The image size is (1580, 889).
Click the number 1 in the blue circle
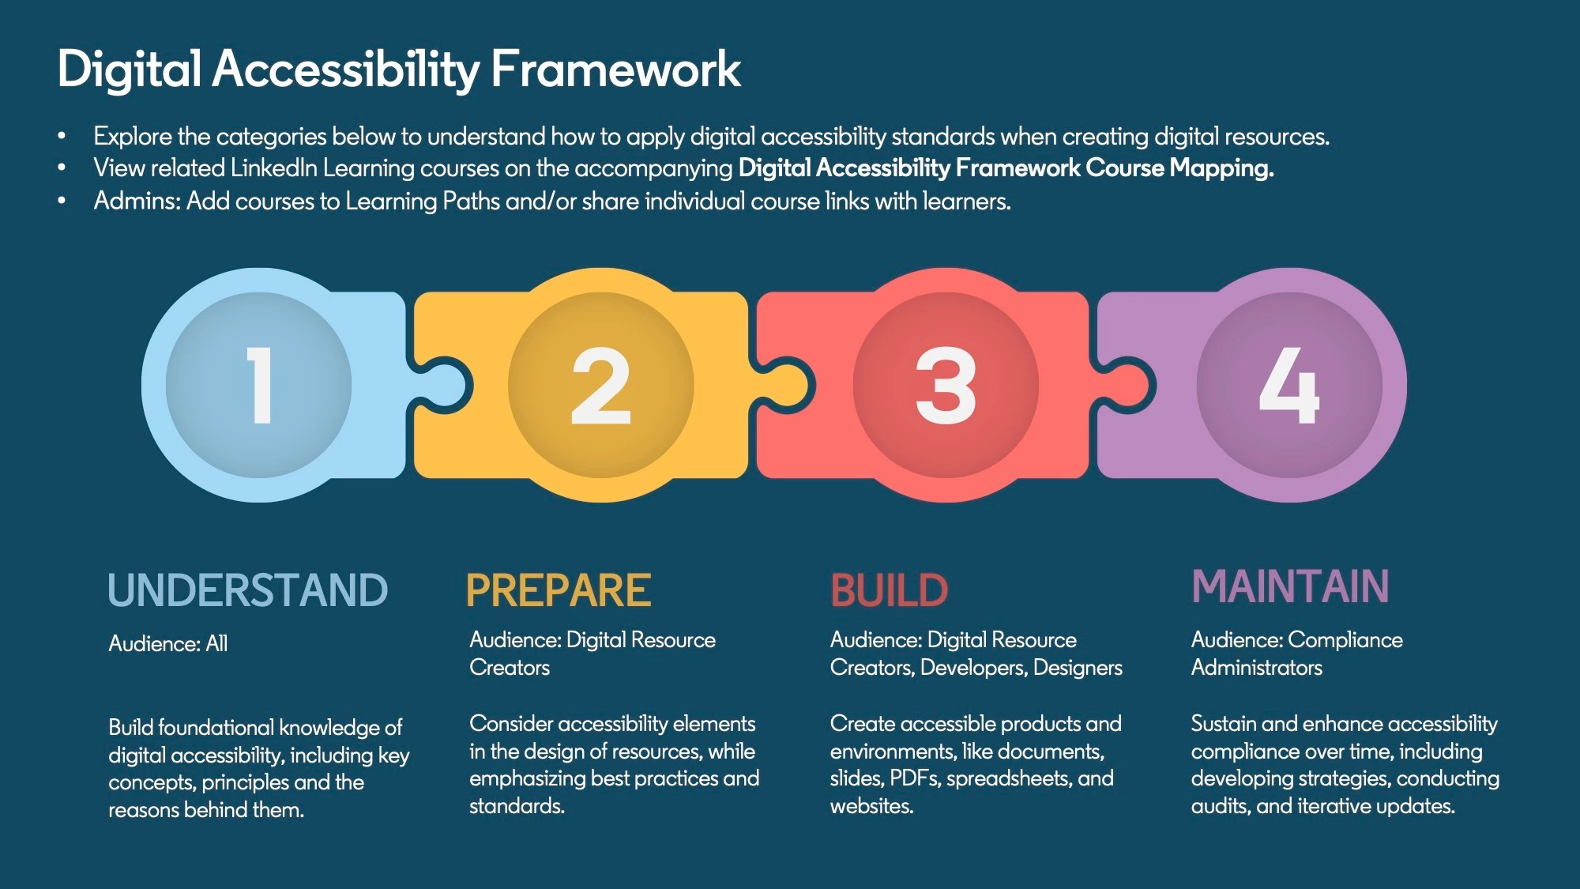pyautogui.click(x=260, y=385)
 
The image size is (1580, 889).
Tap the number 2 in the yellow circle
pyautogui.click(x=601, y=385)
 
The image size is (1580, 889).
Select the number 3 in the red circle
pyautogui.click(x=946, y=385)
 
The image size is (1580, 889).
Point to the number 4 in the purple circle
pyautogui.click(x=1289, y=385)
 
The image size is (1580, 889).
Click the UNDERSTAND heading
pyautogui.click(x=248, y=590)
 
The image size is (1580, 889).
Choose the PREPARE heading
pyautogui.click(x=559, y=590)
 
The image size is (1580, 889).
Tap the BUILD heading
pyautogui.click(x=889, y=590)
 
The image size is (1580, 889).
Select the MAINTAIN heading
pyautogui.click(x=1290, y=586)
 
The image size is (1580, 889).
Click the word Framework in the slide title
pyautogui.click(x=616, y=69)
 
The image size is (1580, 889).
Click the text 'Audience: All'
pyautogui.click(x=168, y=643)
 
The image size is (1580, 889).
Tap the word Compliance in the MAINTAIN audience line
pyautogui.click(x=1345, y=640)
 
